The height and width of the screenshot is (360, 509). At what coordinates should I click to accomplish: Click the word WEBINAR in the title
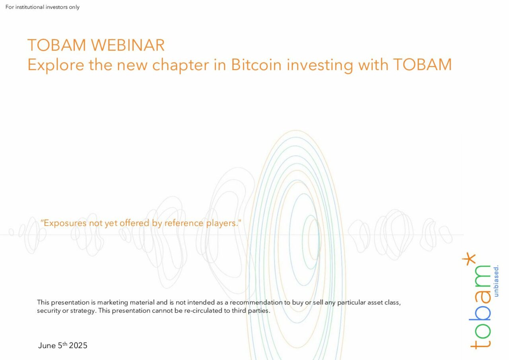pos(128,45)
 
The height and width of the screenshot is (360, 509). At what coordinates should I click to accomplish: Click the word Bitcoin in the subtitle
pos(256,65)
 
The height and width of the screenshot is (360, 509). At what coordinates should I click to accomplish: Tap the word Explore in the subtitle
pos(56,65)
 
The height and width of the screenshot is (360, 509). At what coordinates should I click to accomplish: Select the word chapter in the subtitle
pos(181,66)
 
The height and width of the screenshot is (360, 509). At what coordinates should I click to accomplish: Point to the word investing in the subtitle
pos(320,66)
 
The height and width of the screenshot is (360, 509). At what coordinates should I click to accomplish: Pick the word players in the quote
pos(223,223)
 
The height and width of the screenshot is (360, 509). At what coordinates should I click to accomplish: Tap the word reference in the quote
pos(184,223)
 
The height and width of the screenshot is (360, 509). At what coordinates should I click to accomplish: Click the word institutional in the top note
pos(30,7)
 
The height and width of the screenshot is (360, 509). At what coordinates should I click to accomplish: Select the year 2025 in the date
pos(78,345)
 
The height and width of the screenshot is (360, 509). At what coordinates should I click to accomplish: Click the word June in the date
pos(47,345)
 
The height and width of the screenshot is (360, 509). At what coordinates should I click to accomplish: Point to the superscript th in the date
pos(65,344)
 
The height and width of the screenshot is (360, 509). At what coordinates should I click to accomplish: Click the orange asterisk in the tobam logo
pos(469,259)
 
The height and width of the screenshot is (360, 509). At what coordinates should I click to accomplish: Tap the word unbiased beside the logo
pos(496,281)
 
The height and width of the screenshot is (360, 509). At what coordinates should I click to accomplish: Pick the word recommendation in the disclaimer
pos(256,302)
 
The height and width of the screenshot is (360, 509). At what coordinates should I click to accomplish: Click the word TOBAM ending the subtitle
pos(422,65)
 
